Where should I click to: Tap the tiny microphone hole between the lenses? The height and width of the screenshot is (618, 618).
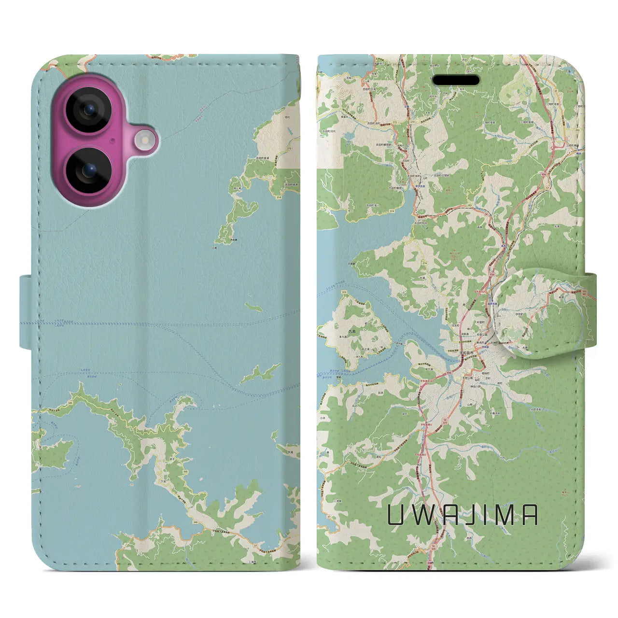[x=112, y=140]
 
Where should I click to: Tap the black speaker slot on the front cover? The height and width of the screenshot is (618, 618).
[x=456, y=80]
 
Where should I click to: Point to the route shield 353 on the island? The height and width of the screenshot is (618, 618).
[x=331, y=292]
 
